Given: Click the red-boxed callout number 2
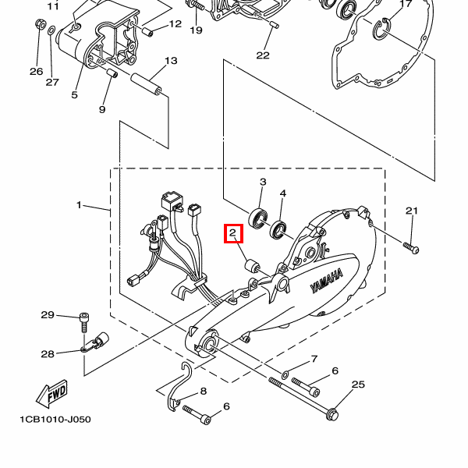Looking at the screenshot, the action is (x=232, y=232).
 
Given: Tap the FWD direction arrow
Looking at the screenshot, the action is (x=52, y=394).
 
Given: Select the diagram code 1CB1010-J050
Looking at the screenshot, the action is (x=55, y=420).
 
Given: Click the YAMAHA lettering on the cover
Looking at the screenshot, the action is (x=327, y=281).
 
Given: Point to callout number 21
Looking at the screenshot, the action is (x=412, y=211).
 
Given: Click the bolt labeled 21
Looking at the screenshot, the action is (x=411, y=248).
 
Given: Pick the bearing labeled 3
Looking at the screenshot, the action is (x=258, y=218).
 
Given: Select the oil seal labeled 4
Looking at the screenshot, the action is (x=278, y=229).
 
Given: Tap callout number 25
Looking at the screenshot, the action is (x=358, y=384).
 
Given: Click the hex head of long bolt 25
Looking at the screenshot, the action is (x=332, y=414).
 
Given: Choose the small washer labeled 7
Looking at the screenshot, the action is (x=285, y=374).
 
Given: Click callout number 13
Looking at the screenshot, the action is (x=171, y=61).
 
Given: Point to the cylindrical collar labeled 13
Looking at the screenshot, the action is (x=147, y=84).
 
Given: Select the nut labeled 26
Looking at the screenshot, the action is (x=40, y=24).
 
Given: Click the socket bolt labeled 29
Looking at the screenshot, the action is (x=84, y=322).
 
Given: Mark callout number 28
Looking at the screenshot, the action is (x=48, y=354).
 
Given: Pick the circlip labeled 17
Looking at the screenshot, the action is (x=381, y=29).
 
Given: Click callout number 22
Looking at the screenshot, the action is (x=263, y=55).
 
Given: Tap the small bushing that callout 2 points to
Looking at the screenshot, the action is (x=253, y=266).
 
